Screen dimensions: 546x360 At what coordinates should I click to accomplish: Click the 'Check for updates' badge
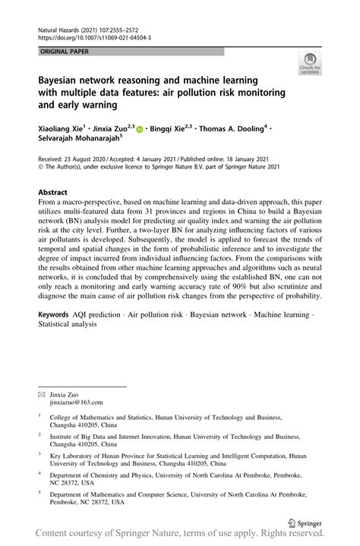(310, 64)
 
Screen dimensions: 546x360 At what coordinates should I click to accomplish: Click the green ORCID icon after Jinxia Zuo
(141, 130)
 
